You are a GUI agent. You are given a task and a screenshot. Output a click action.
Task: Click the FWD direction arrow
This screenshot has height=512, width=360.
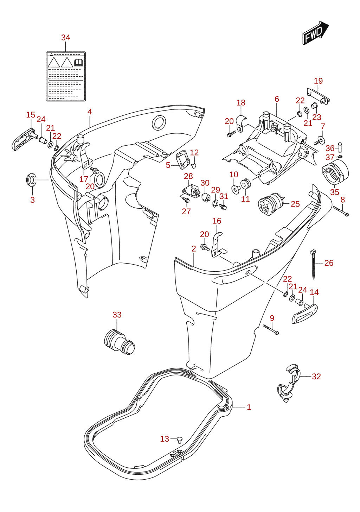[x=315, y=33]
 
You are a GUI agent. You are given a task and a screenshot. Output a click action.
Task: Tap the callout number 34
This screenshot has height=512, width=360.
[x=65, y=38]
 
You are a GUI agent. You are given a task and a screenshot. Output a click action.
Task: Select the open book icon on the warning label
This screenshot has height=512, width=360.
[x=79, y=63]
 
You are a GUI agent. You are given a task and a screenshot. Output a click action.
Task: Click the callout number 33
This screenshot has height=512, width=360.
[x=117, y=315]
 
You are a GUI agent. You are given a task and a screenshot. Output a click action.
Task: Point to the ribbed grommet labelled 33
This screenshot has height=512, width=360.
[x=119, y=342]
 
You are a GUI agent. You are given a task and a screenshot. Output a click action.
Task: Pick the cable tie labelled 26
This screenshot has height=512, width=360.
[x=313, y=265]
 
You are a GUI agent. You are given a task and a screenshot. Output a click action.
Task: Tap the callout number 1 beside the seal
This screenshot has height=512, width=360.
[x=249, y=407]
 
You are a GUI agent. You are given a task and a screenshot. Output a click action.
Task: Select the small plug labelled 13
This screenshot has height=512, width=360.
[x=180, y=440]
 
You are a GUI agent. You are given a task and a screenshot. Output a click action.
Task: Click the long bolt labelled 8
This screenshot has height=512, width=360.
[x=341, y=211]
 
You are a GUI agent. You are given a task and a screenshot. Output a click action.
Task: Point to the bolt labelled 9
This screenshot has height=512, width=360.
[x=271, y=330]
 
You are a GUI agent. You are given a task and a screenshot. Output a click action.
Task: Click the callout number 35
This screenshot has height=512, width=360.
[x=335, y=192]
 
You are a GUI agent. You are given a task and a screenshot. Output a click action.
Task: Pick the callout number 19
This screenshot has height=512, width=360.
[x=318, y=81]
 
